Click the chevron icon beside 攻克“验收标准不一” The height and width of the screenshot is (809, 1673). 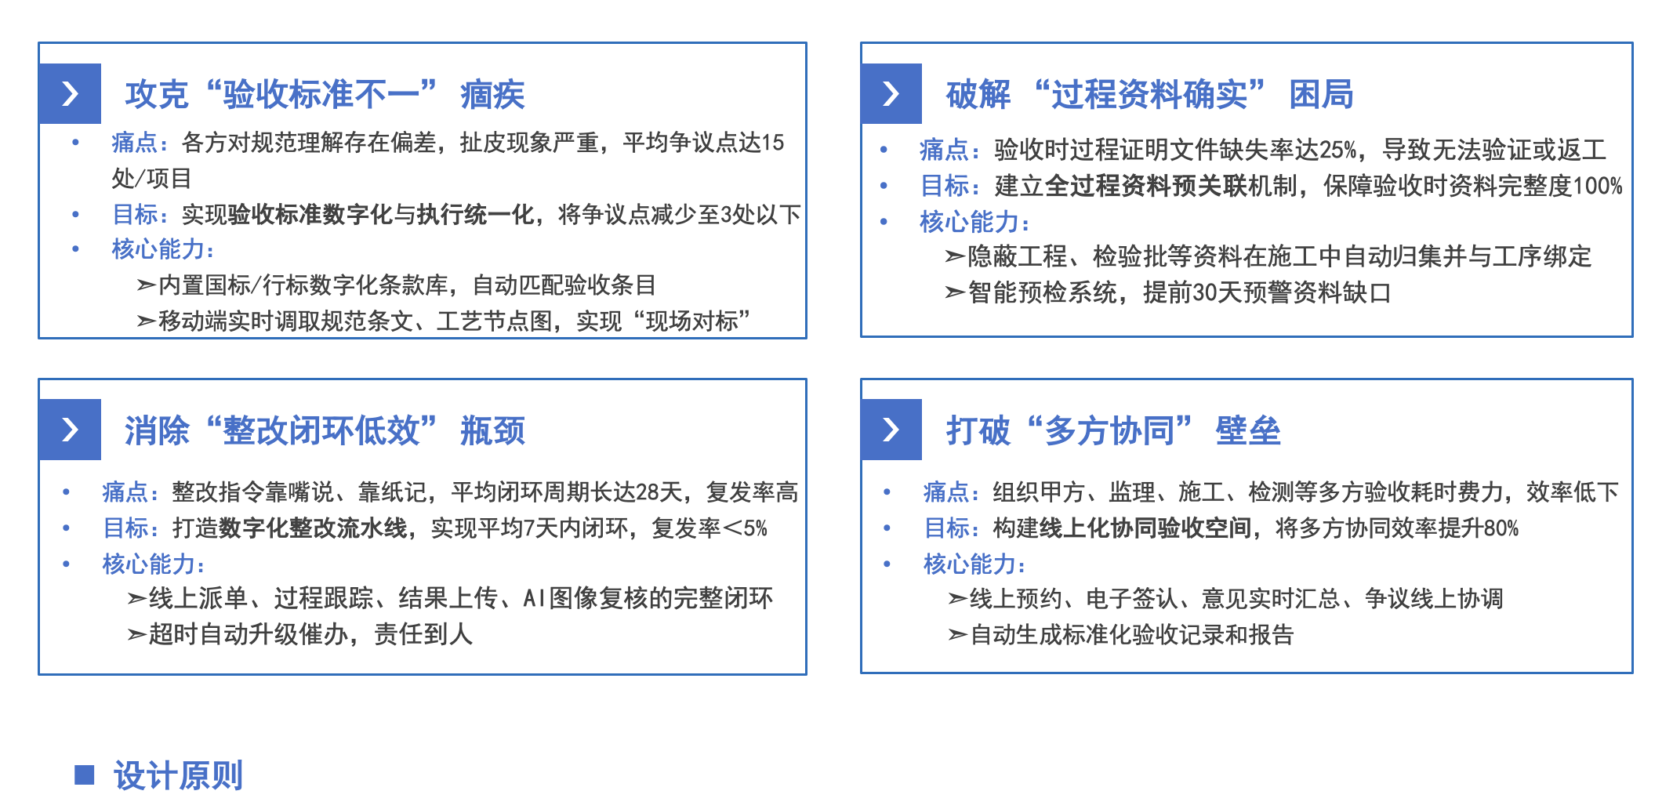point(71,93)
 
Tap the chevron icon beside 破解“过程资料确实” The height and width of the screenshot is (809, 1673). point(891,93)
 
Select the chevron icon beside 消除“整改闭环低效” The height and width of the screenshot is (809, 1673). point(71,429)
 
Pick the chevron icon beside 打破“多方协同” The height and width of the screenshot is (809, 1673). point(891,429)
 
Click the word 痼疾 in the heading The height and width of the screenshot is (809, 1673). point(492,95)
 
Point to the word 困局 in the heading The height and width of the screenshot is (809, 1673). point(1321,95)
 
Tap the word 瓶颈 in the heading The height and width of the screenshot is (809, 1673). point(492,430)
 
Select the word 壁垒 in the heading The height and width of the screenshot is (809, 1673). point(1247,430)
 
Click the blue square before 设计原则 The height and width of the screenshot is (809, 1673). point(85,775)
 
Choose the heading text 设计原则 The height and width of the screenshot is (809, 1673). point(178,775)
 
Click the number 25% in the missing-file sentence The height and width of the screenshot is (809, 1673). point(1337,149)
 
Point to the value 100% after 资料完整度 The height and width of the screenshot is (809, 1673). point(1598,186)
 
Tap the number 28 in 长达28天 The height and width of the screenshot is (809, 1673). point(648,492)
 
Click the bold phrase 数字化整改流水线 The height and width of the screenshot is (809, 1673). point(313,528)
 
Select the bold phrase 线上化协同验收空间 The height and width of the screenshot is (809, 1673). point(1145,528)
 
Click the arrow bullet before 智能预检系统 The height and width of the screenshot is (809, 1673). point(955,293)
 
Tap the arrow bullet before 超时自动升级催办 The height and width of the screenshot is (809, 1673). point(136,634)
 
